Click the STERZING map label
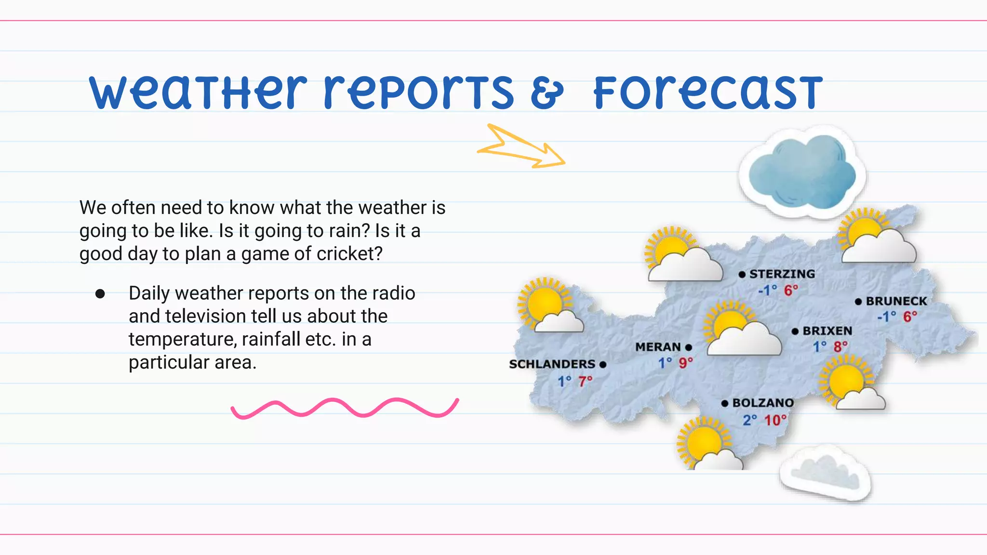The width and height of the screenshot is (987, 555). click(782, 274)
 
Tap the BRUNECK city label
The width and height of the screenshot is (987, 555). click(896, 302)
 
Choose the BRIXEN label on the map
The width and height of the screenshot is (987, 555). click(827, 331)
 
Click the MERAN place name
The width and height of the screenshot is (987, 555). click(658, 347)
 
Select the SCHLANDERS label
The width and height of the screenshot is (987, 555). click(552, 364)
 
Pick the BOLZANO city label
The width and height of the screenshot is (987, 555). click(763, 403)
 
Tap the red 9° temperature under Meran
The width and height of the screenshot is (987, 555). click(686, 363)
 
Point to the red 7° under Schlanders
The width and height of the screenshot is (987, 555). click(585, 381)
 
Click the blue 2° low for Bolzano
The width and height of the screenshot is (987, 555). click(749, 420)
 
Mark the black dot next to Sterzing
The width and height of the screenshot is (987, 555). click(742, 275)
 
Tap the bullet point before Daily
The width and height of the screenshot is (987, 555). click(100, 294)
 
